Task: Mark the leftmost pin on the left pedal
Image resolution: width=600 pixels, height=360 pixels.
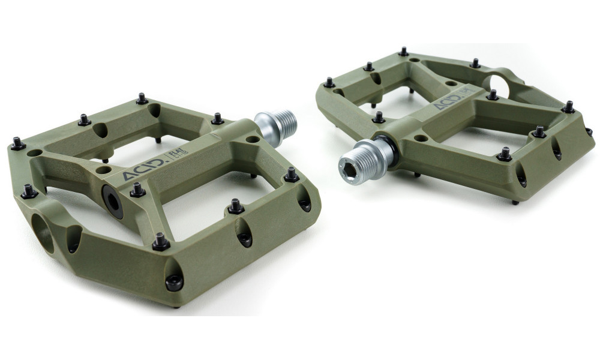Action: pyautogui.click(x=17, y=143)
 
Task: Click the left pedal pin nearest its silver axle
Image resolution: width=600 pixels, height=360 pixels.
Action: pyautogui.click(x=217, y=119)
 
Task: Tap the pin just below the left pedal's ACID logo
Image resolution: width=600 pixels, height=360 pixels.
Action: pyautogui.click(x=137, y=190)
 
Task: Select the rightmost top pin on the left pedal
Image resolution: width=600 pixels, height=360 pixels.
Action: pyautogui.click(x=292, y=175)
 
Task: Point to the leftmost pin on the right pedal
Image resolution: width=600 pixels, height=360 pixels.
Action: pyautogui.click(x=329, y=82)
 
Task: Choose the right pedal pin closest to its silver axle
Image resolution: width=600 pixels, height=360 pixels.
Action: pyautogui.click(x=379, y=117)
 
